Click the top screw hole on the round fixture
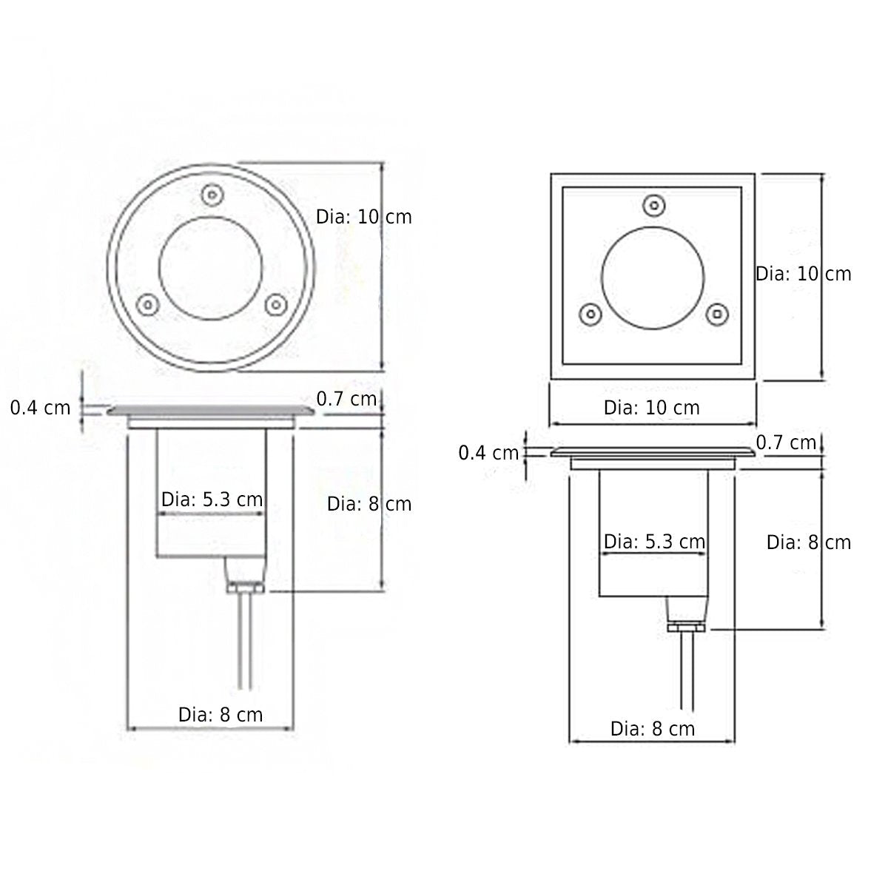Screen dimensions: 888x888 tap(211, 196)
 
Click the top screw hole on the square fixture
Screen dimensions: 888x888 tap(653, 205)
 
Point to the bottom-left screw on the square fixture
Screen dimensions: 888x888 tap(589, 314)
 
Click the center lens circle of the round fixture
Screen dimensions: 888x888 tap(211, 269)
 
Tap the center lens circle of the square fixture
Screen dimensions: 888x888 tap(653, 278)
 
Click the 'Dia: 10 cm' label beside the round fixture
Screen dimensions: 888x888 tap(363, 218)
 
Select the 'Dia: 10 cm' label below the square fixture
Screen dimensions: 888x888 tap(651, 408)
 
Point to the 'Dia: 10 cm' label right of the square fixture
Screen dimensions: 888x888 tap(803, 274)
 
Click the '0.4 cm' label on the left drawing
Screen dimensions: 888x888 tap(41, 407)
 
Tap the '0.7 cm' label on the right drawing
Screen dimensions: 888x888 tap(786, 443)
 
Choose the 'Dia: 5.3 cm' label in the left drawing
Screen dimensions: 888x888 tap(212, 499)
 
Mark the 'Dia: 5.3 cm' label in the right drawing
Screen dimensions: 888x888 tap(654, 542)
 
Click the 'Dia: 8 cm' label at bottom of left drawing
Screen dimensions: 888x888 tap(221, 715)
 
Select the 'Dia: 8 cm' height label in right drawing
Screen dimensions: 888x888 tap(808, 542)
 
